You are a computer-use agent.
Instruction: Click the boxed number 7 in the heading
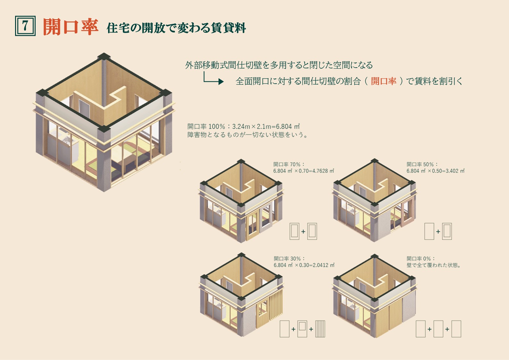(x=25, y=26)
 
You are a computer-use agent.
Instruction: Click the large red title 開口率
(x=71, y=27)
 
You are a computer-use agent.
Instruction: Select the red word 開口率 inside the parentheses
(x=384, y=81)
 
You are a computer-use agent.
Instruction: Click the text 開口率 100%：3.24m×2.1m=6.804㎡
(x=243, y=126)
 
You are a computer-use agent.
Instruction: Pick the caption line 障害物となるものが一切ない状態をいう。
(x=248, y=135)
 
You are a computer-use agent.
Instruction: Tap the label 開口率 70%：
(x=289, y=164)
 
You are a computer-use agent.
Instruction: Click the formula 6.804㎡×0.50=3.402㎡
(x=435, y=171)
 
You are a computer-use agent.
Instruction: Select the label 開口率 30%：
(x=289, y=258)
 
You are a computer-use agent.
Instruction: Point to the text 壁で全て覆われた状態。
(x=434, y=265)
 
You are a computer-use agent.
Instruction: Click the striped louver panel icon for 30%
(x=320, y=329)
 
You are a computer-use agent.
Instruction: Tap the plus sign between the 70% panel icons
(x=303, y=232)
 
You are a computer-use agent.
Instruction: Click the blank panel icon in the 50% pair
(x=429, y=231)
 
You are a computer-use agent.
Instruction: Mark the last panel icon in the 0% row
(x=456, y=329)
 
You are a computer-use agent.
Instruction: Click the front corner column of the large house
(x=104, y=159)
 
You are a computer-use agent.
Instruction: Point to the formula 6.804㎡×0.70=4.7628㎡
(x=304, y=171)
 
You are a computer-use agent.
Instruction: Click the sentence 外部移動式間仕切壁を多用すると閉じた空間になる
(x=279, y=65)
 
